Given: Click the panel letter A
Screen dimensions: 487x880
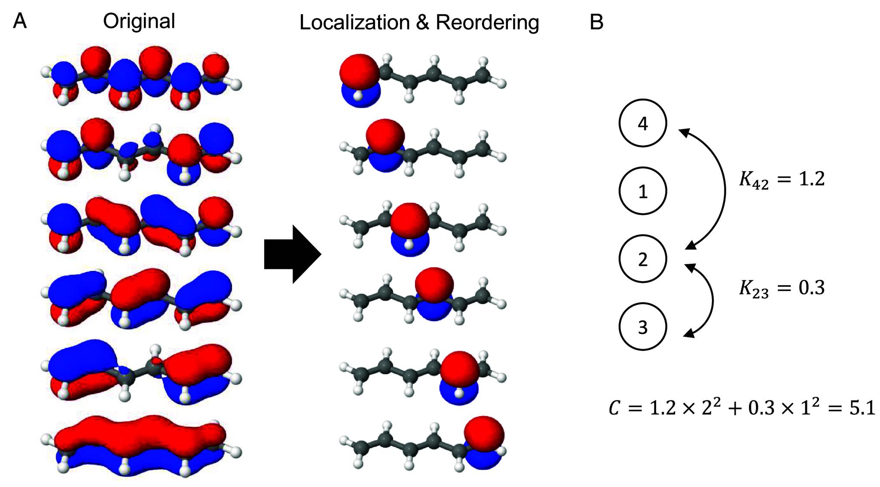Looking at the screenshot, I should (20, 21).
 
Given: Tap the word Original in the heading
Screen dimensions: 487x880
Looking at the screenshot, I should (139, 21).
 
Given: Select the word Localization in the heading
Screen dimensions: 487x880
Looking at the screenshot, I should (354, 22).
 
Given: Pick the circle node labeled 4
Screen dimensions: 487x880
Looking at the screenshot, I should (642, 123).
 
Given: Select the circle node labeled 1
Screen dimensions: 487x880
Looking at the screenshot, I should (642, 191).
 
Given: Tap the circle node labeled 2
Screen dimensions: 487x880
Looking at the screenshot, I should (642, 259).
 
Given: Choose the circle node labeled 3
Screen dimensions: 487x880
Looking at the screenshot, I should (642, 327).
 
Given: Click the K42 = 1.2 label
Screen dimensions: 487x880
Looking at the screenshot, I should (782, 179).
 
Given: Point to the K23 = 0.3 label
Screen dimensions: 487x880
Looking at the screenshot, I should (782, 288).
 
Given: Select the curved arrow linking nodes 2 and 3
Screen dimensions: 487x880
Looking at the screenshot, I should (712, 300).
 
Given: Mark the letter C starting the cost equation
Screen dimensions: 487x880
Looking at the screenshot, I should (614, 408).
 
